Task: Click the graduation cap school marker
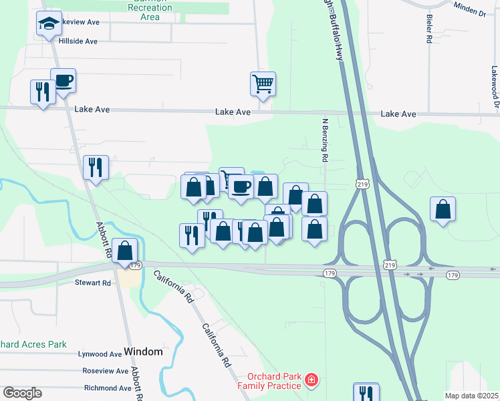[48, 24]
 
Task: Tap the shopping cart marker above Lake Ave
[263, 84]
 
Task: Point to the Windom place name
[144, 352]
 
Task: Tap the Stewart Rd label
[93, 283]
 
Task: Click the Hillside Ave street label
[78, 41]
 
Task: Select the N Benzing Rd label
[326, 140]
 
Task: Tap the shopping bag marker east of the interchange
[443, 210]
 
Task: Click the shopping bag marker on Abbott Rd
[124, 251]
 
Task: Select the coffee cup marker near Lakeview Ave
[63, 82]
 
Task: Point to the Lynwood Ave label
[100, 354]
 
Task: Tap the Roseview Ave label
[105, 371]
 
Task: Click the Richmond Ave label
[107, 388]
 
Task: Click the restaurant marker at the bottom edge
[366, 392]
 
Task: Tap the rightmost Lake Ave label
[398, 114]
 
